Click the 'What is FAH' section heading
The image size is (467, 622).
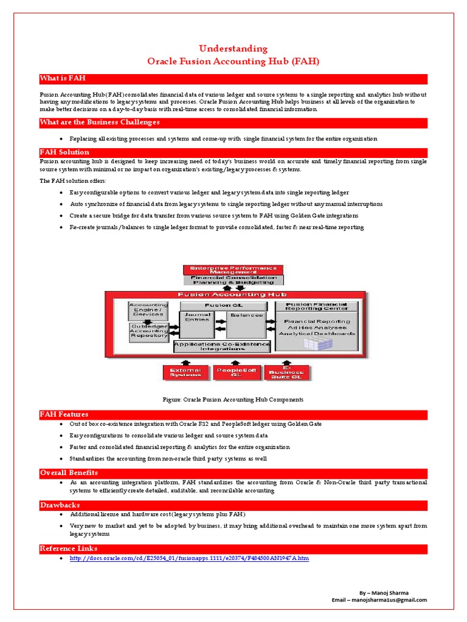click(x=59, y=79)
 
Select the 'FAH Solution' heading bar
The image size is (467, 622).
click(x=64, y=152)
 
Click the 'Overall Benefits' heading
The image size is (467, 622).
click(x=69, y=473)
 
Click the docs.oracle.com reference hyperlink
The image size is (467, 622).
click(x=189, y=558)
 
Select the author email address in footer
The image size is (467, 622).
click(x=379, y=600)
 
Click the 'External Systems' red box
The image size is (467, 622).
click(x=185, y=372)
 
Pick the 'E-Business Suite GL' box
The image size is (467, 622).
click(x=286, y=372)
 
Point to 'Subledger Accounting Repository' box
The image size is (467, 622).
click(x=148, y=332)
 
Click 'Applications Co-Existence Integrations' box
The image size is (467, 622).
click(x=222, y=346)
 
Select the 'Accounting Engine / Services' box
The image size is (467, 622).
click(x=148, y=310)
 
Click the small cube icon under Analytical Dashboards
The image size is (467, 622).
click(x=315, y=343)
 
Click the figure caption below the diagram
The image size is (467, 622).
click(x=233, y=400)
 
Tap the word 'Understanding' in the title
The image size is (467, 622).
click(x=233, y=49)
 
